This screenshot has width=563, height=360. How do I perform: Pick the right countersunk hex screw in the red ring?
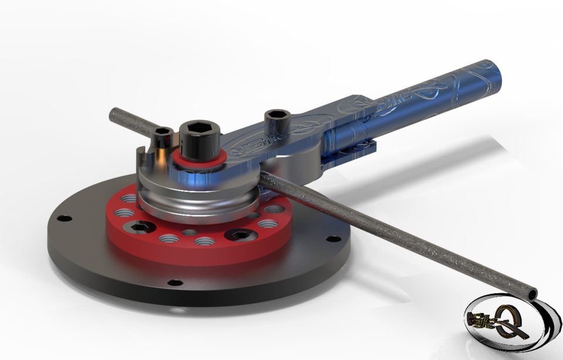240,235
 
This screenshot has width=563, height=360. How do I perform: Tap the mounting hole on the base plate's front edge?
172,283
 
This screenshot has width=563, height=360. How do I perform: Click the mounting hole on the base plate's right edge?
333,239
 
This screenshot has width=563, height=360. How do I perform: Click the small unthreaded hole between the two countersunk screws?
189,233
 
